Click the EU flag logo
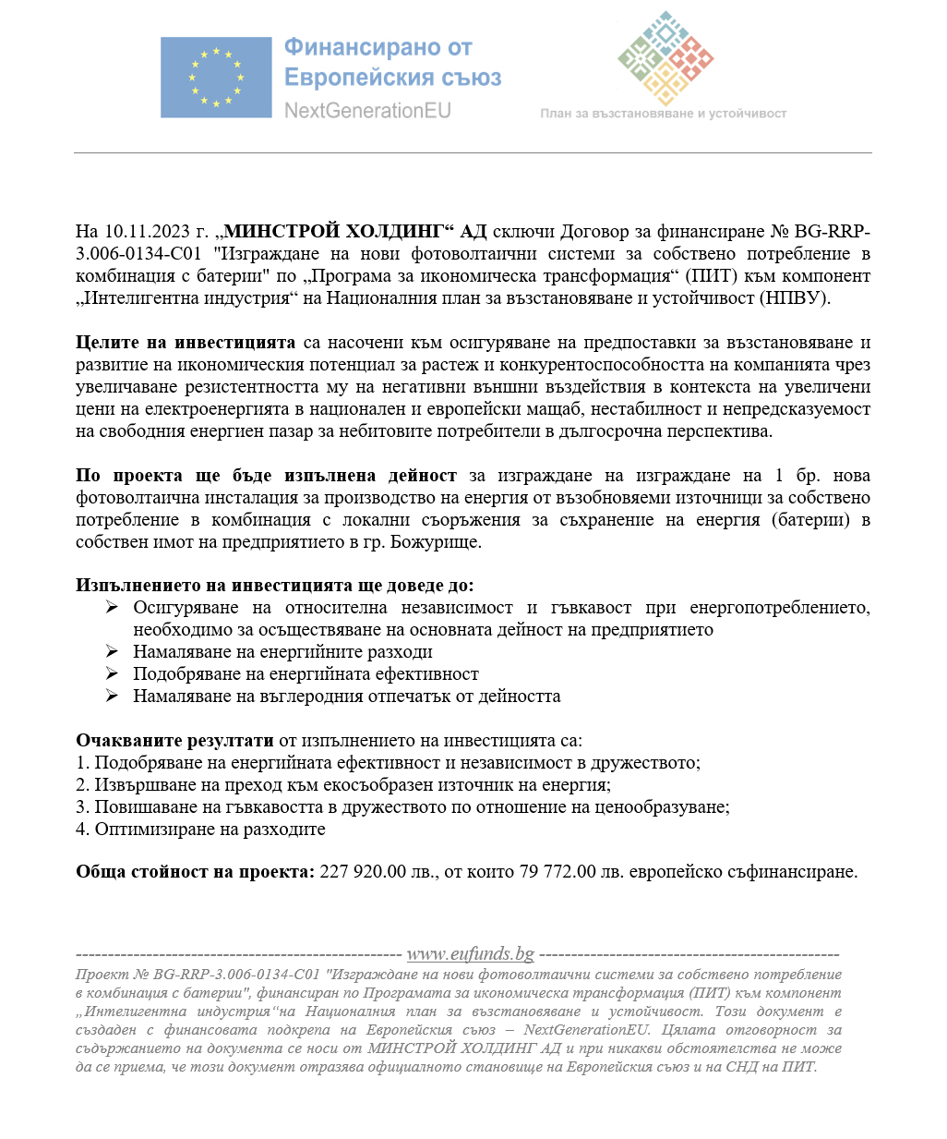[x=216, y=78]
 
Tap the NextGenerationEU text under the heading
[x=367, y=111]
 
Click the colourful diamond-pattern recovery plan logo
[x=665, y=57]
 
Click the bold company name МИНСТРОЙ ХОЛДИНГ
[x=342, y=232]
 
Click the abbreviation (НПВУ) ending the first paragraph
[x=794, y=298]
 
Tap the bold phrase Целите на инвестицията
[x=186, y=343]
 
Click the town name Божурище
[x=435, y=542]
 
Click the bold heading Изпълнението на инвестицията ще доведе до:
[x=274, y=586]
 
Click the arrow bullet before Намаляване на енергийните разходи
[x=112, y=652]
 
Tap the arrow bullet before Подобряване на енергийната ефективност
[x=112, y=674]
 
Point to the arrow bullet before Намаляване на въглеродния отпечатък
[x=112, y=697]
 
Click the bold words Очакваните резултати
[x=174, y=741]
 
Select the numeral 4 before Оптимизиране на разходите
[x=81, y=830]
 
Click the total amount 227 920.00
[x=363, y=872]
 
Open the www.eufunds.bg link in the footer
[x=470, y=954]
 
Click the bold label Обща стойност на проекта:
[x=195, y=872]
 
